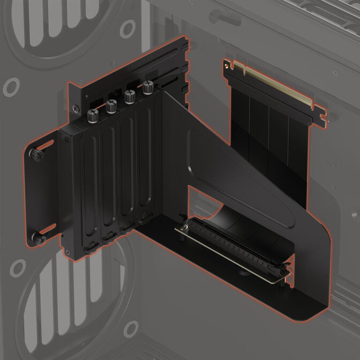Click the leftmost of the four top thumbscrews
point(93,114)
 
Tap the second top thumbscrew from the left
point(111,106)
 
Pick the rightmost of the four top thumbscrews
point(148,85)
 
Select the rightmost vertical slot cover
point(145,161)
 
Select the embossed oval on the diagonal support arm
point(236,177)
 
